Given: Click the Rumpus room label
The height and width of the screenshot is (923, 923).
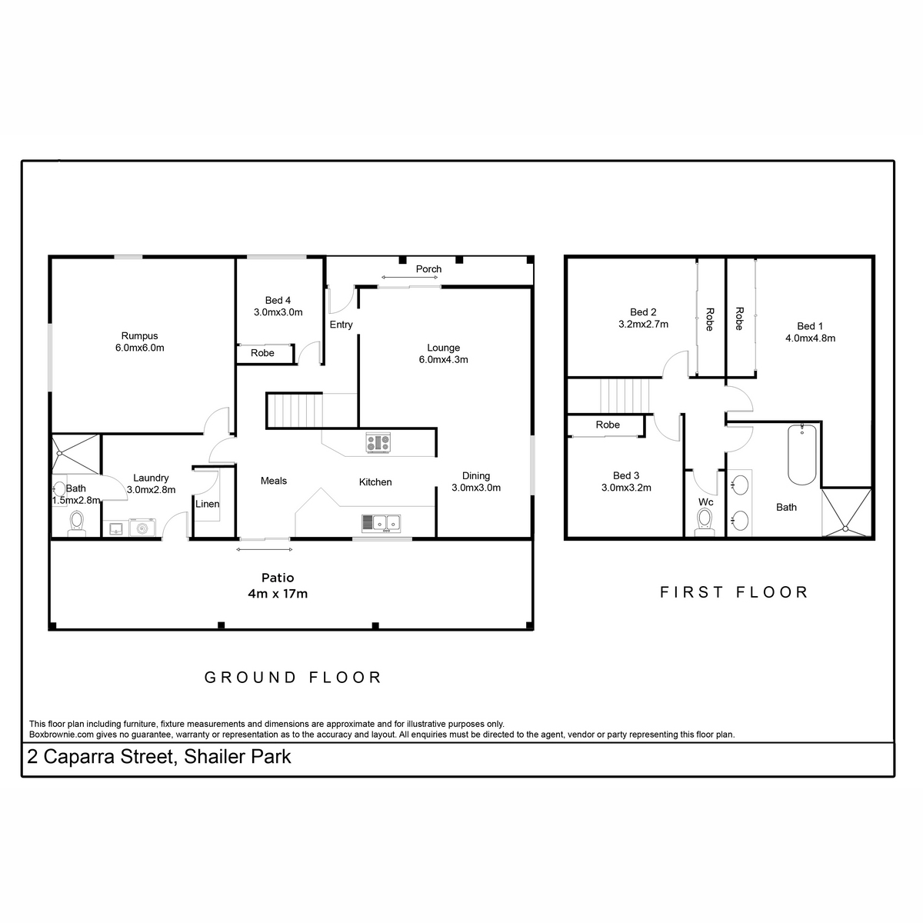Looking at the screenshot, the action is pyautogui.click(x=139, y=336).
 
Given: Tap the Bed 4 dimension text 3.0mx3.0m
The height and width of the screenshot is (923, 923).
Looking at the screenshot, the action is pyautogui.click(x=278, y=312).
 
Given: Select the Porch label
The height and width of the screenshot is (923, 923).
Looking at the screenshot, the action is pyautogui.click(x=428, y=268).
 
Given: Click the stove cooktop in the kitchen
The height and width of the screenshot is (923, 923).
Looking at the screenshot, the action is pyautogui.click(x=378, y=442).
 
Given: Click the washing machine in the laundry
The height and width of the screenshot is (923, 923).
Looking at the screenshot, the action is pyautogui.click(x=142, y=528).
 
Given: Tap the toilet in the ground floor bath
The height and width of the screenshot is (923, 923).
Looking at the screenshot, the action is pyautogui.click(x=77, y=524).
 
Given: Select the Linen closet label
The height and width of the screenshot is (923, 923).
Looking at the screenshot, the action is pyautogui.click(x=207, y=504).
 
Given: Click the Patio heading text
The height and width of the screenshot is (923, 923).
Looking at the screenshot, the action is pyautogui.click(x=278, y=577).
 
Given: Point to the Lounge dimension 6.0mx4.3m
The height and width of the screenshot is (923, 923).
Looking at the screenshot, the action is pyautogui.click(x=444, y=359).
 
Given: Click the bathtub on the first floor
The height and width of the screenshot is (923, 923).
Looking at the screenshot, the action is pyautogui.click(x=801, y=454).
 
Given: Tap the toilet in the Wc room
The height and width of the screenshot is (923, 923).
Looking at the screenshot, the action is pyautogui.click(x=704, y=522).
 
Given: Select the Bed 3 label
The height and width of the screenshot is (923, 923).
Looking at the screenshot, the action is pyautogui.click(x=626, y=475).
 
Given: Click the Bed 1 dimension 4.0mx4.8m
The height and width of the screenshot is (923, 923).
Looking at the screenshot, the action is pyautogui.click(x=810, y=338).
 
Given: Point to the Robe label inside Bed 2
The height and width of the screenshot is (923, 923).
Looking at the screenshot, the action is pyautogui.click(x=710, y=319).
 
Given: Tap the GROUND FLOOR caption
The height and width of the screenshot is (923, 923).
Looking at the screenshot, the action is pyautogui.click(x=292, y=678).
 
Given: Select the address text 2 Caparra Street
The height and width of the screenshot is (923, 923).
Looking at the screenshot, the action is pyautogui.click(x=100, y=757).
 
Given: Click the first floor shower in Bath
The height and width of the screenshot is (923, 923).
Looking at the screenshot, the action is pyautogui.click(x=846, y=512).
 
